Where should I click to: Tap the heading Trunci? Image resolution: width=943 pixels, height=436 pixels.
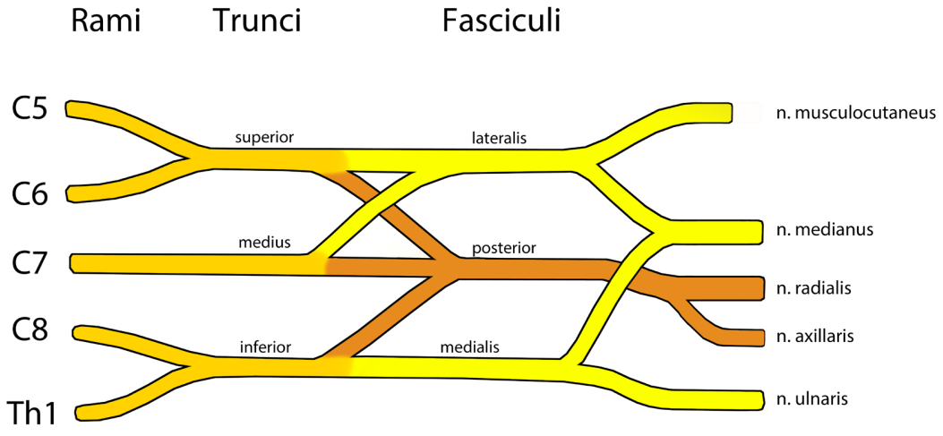click(257, 21)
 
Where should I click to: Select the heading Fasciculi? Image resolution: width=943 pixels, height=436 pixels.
click(501, 21)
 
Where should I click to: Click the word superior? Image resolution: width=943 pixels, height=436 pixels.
click(264, 138)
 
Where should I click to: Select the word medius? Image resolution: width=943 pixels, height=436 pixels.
click(264, 243)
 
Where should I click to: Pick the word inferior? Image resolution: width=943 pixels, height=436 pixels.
click(265, 346)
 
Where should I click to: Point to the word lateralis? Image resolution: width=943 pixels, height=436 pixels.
click(499, 138)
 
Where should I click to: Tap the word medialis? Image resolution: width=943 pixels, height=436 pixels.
click(471, 347)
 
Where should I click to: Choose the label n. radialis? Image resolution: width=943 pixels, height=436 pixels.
click(814, 288)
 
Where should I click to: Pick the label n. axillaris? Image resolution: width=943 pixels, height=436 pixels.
click(815, 337)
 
